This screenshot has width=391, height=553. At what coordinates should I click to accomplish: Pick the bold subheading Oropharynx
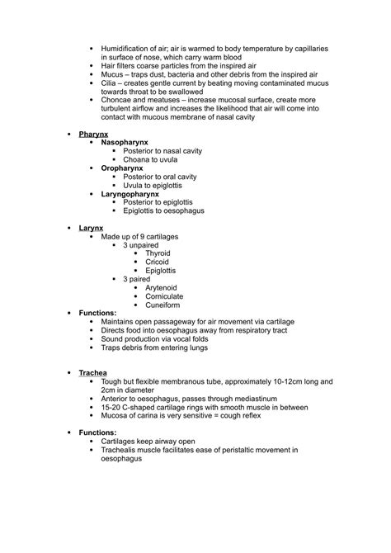click(x=122, y=168)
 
